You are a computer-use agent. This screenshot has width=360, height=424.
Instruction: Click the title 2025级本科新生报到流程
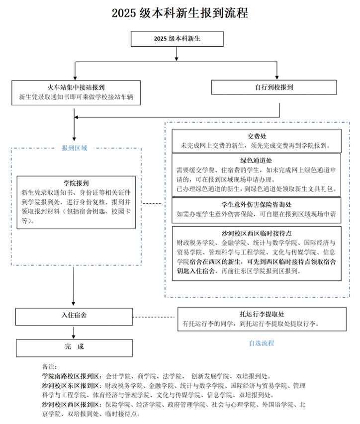click(180, 13)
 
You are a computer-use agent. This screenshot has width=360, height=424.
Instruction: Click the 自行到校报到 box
click(274, 87)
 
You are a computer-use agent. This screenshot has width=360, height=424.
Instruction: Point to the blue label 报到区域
click(74, 148)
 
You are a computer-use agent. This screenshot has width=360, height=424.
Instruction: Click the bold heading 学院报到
click(76, 183)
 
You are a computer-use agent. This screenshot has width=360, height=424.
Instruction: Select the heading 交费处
click(257, 136)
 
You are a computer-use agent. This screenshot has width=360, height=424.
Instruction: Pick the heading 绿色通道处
click(257, 161)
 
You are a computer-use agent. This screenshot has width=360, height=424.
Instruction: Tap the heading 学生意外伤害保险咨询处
click(257, 205)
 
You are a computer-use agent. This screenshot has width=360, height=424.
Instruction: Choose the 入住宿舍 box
click(75, 316)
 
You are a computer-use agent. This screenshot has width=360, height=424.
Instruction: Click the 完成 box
click(75, 346)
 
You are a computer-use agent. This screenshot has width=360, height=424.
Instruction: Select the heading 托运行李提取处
click(261, 314)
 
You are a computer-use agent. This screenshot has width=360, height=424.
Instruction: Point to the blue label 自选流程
click(261, 343)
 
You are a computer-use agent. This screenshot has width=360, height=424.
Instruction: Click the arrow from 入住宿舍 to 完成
click(74, 331)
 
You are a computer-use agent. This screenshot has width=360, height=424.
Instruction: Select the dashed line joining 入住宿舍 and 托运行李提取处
click(156, 317)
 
